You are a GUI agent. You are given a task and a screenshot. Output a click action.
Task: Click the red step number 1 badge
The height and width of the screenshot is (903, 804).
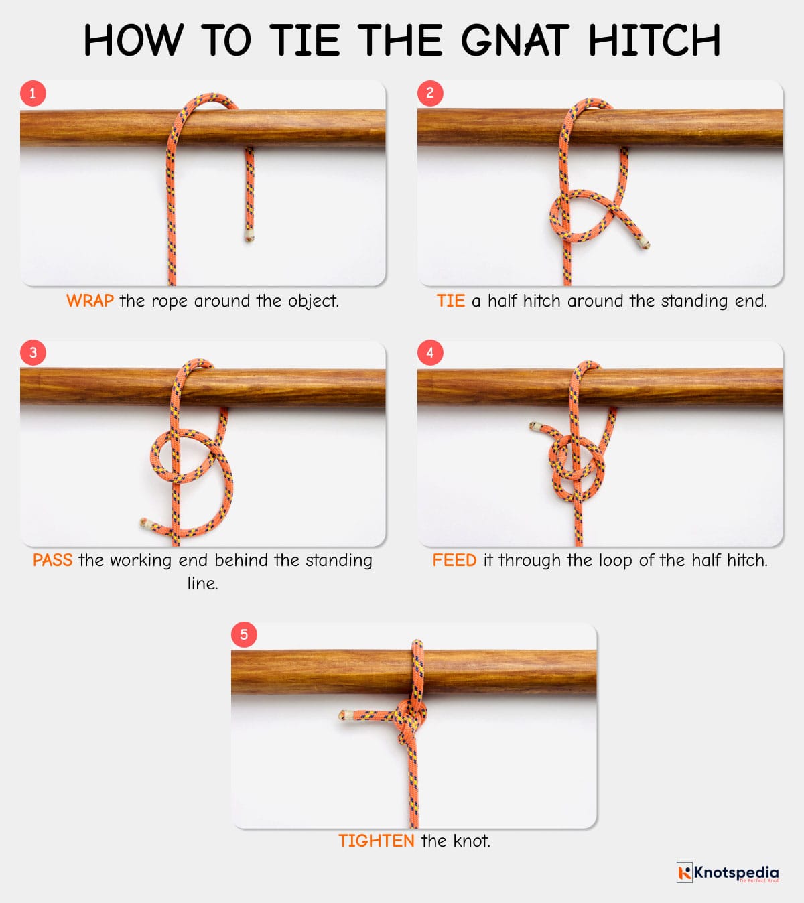click(x=33, y=94)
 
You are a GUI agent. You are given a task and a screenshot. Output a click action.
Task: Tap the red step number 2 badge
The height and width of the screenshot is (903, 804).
click(x=430, y=93)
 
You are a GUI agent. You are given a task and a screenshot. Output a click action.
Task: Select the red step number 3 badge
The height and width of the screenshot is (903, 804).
click(x=33, y=352)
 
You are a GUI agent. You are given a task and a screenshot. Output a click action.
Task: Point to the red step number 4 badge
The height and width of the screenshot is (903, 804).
click(x=430, y=352)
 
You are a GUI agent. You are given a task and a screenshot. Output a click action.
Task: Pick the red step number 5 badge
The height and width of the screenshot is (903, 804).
click(x=244, y=634)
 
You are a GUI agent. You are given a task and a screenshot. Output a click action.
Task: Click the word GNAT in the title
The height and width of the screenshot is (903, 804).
click(x=515, y=40)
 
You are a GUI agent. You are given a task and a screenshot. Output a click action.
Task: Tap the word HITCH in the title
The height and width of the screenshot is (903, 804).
click(x=655, y=40)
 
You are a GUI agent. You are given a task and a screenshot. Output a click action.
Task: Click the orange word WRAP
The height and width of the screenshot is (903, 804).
click(x=90, y=301)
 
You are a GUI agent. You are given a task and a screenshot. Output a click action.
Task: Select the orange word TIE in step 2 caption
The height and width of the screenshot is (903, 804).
click(x=451, y=301)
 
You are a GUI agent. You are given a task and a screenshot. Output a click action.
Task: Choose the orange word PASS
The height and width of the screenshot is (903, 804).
click(x=53, y=560)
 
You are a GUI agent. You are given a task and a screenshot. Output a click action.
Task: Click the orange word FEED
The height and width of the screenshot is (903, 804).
click(x=455, y=560)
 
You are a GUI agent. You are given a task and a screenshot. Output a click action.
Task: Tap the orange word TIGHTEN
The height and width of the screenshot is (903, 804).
click(x=377, y=841)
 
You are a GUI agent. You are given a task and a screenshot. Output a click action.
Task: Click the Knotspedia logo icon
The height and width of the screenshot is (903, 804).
click(x=685, y=872)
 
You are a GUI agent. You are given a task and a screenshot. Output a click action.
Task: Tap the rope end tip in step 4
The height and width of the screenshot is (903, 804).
click(x=533, y=426)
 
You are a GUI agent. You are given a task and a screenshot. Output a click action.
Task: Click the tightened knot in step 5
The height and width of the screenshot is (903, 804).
click(x=410, y=717)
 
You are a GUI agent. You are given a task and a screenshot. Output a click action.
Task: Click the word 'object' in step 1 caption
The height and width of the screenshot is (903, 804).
click(x=313, y=301)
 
